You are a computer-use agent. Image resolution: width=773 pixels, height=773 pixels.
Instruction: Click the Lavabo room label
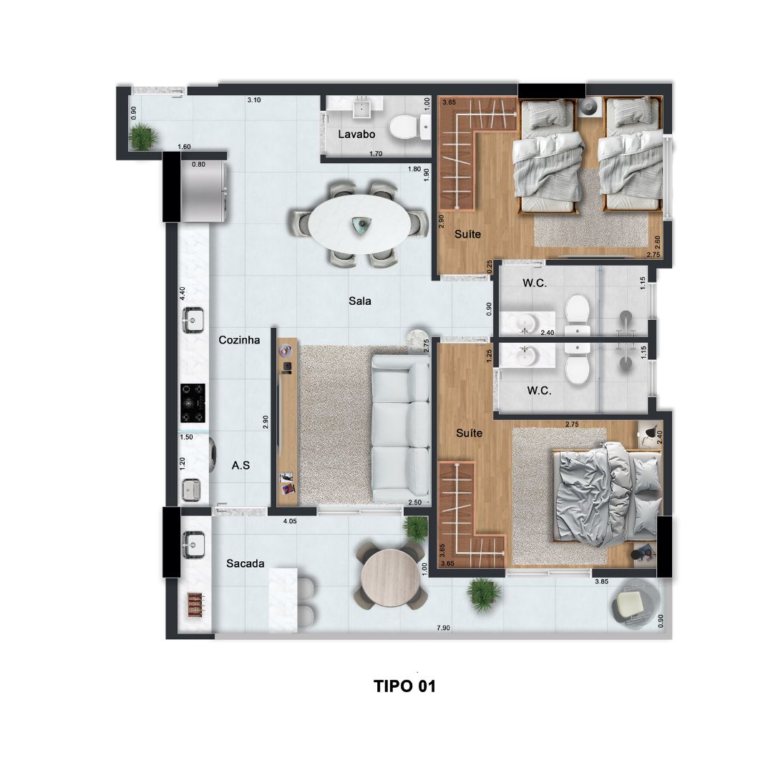[x=356, y=134]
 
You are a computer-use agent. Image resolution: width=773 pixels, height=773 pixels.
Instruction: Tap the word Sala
[x=360, y=301]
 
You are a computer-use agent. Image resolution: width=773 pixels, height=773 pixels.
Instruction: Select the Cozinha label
[x=239, y=340]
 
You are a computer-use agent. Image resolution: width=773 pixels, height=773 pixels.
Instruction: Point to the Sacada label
[x=245, y=563]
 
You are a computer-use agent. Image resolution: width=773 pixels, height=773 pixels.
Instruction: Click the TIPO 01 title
[x=404, y=686]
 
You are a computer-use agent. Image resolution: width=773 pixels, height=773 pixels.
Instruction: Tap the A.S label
[x=240, y=465]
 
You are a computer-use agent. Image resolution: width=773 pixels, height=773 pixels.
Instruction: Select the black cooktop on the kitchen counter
[x=193, y=403]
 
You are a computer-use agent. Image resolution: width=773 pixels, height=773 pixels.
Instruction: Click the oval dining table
[x=359, y=224]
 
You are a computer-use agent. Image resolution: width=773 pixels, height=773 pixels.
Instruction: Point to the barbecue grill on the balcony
[x=195, y=605]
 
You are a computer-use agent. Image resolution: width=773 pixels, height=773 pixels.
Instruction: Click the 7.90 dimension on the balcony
[x=443, y=628]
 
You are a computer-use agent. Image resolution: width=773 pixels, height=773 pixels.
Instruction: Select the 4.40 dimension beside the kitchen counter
[x=183, y=294]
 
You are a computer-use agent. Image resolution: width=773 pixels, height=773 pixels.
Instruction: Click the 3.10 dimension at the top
[x=254, y=100]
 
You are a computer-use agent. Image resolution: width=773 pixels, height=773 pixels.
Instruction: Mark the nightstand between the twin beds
[x=590, y=107]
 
